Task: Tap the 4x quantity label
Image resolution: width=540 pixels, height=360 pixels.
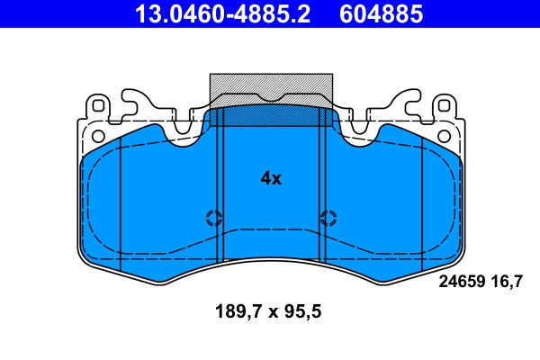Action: [271, 178]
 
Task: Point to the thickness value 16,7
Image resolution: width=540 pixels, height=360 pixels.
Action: [507, 281]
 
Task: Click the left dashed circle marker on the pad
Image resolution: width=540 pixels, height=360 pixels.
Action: [213, 217]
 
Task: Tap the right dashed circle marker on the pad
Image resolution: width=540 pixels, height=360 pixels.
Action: [328, 217]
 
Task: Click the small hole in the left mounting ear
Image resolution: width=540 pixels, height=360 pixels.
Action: [94, 135]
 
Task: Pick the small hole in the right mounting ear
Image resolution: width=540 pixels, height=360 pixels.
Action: [446, 135]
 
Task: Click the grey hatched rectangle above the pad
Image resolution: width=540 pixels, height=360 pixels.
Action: [270, 85]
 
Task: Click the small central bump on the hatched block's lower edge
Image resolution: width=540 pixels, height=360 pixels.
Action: [270, 98]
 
